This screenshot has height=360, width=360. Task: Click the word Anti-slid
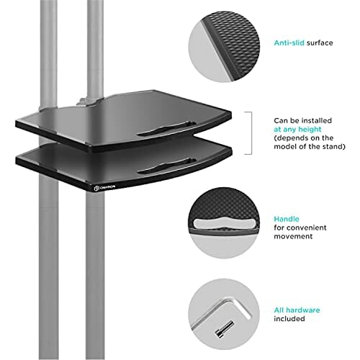(289, 43)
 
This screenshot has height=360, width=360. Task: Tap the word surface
(320, 43)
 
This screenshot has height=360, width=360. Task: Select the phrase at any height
(297, 130)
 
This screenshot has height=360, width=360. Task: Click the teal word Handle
(287, 219)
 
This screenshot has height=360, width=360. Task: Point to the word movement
(293, 236)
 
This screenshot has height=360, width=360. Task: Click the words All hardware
(297, 310)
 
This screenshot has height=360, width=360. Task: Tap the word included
(289, 319)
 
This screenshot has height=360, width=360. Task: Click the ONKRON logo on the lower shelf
(104, 187)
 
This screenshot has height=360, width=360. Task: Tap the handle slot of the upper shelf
(166, 129)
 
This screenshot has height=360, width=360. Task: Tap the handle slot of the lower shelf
(166, 166)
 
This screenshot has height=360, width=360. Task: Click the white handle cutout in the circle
(224, 223)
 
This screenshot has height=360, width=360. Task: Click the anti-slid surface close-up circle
(224, 47)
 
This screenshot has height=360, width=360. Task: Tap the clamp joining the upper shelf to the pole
(84, 102)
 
